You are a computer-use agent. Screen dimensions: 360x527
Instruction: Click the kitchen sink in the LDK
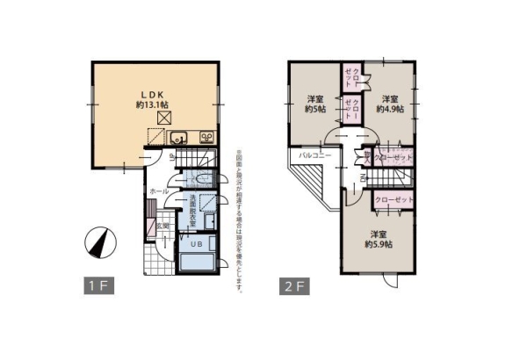coord(177,137)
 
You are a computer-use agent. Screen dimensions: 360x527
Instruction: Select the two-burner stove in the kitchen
coord(207,136)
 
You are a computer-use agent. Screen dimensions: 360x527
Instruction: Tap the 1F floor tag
coord(97,285)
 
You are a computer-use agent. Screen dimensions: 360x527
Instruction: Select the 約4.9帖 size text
coord(390,109)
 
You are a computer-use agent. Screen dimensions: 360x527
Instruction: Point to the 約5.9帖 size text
coord(379,244)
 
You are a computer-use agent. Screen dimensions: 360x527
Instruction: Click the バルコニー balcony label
coord(314,155)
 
